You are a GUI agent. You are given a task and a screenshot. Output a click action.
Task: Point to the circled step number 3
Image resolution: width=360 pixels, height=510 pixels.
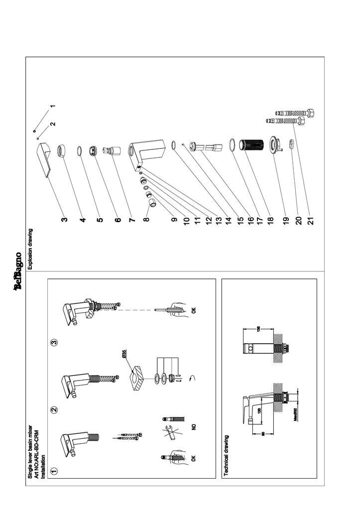[55, 342]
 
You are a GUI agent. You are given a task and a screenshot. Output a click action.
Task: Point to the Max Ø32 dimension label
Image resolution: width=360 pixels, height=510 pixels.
[295, 415]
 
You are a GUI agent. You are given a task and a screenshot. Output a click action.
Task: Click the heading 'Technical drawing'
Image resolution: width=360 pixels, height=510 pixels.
[227, 456]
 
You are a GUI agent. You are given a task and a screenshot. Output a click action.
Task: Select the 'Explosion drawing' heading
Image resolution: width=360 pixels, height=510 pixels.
[30, 249]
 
